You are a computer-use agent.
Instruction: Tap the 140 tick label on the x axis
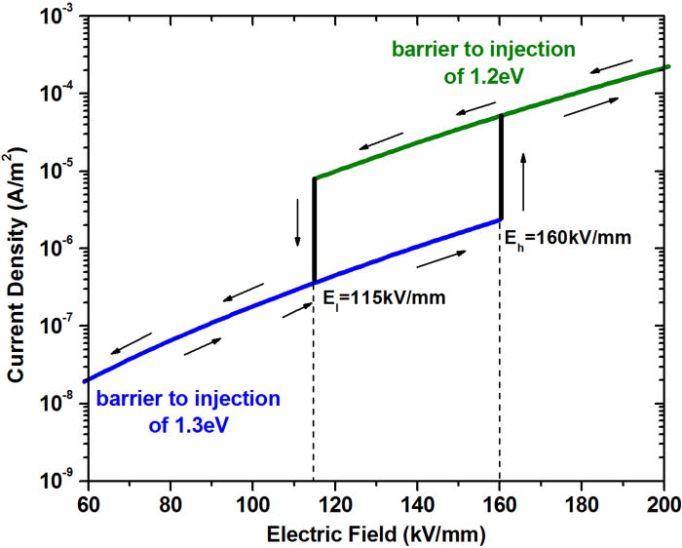point(417,506)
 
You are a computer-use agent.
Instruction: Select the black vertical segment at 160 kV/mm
point(501,167)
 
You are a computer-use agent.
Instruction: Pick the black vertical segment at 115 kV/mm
point(314,230)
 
